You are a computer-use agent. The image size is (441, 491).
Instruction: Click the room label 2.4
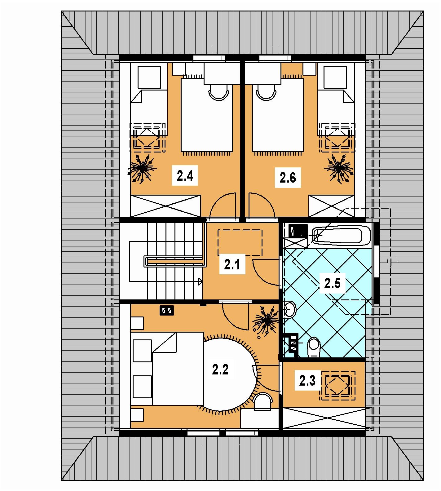pos(185,176)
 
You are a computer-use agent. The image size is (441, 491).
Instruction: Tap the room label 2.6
pos(288,178)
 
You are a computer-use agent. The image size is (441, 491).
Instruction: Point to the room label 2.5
pos(332,283)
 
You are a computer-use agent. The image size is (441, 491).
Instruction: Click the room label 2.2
pos(220,369)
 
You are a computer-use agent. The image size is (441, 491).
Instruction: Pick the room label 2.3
pos(307,381)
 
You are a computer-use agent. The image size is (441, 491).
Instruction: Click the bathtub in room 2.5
pos(341,236)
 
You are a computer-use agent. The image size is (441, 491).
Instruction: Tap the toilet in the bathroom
pos(313,347)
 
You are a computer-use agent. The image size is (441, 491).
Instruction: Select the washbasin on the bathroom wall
pos(290,309)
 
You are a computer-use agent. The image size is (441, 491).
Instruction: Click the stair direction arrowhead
pos(201,281)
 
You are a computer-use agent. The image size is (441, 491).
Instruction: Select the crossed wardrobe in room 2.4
pos(166,206)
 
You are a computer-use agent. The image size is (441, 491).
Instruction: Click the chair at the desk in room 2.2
pos(263,400)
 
